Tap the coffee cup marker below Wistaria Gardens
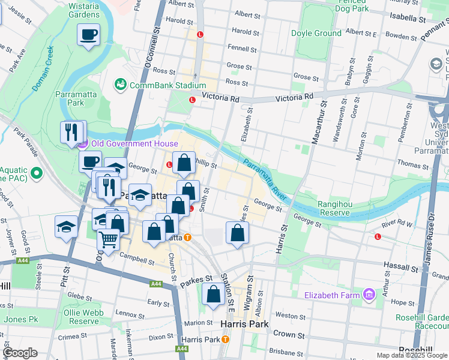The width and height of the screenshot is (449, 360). point(89,35)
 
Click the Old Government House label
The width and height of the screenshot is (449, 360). point(134,143)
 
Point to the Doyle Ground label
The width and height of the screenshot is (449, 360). point(316,34)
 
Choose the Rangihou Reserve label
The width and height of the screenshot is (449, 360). point(326,208)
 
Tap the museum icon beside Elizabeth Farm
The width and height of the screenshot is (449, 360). point(369,295)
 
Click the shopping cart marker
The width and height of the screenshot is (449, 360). point(108,239)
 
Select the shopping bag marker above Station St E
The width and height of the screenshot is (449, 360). point(213,295)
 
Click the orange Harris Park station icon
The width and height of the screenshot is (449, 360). point(225,339)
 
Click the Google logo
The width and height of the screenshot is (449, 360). point(20,353)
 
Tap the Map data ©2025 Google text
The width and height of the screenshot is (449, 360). point(411,355)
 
